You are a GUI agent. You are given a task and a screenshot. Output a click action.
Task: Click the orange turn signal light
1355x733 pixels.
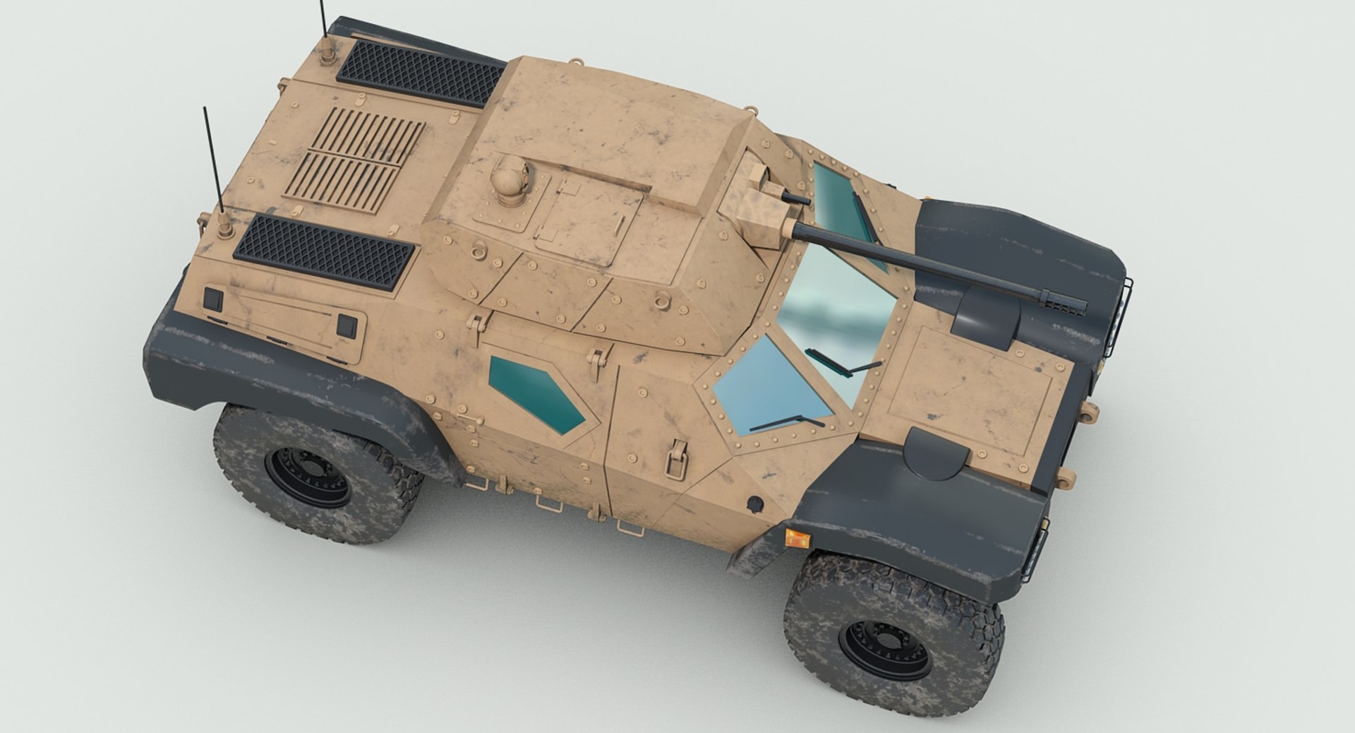pos(796,538)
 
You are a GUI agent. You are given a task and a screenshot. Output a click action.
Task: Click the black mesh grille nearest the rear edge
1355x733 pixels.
pos(323,251)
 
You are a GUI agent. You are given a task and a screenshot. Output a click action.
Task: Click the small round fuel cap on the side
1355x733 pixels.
pos(754,503)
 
